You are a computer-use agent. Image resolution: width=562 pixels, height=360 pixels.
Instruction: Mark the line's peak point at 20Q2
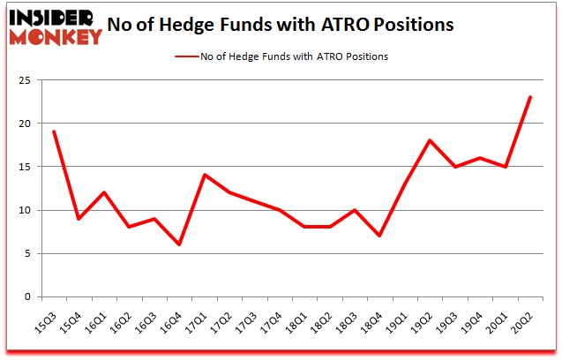[x=529, y=97]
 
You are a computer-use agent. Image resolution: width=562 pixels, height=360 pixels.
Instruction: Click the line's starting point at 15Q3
[x=54, y=131]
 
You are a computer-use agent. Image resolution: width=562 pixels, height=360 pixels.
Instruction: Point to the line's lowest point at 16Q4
[x=179, y=244]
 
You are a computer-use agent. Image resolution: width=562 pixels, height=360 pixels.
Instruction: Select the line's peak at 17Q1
[x=204, y=175]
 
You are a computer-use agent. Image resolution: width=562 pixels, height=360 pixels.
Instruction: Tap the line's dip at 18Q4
[x=379, y=236]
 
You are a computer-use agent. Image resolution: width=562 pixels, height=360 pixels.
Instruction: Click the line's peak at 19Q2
[x=430, y=140]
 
